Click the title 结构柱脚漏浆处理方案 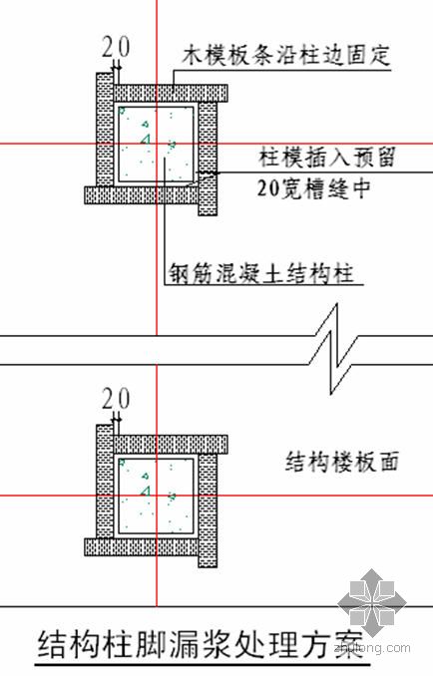[200, 644]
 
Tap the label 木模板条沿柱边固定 [286, 55]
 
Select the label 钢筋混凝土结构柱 [261, 273]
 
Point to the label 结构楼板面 [342, 462]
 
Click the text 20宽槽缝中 [314, 188]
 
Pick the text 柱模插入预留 [327, 157]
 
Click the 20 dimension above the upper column [116, 48]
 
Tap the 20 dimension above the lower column [116, 399]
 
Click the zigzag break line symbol [334, 349]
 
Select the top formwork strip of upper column [171, 93]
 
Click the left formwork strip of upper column [105, 130]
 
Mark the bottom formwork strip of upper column [141, 194]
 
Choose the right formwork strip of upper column [208, 159]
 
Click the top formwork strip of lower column [171, 445]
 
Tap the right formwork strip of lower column [208, 510]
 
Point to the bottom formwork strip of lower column [141, 546]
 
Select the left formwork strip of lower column [105, 482]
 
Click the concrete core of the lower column [156, 496]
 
